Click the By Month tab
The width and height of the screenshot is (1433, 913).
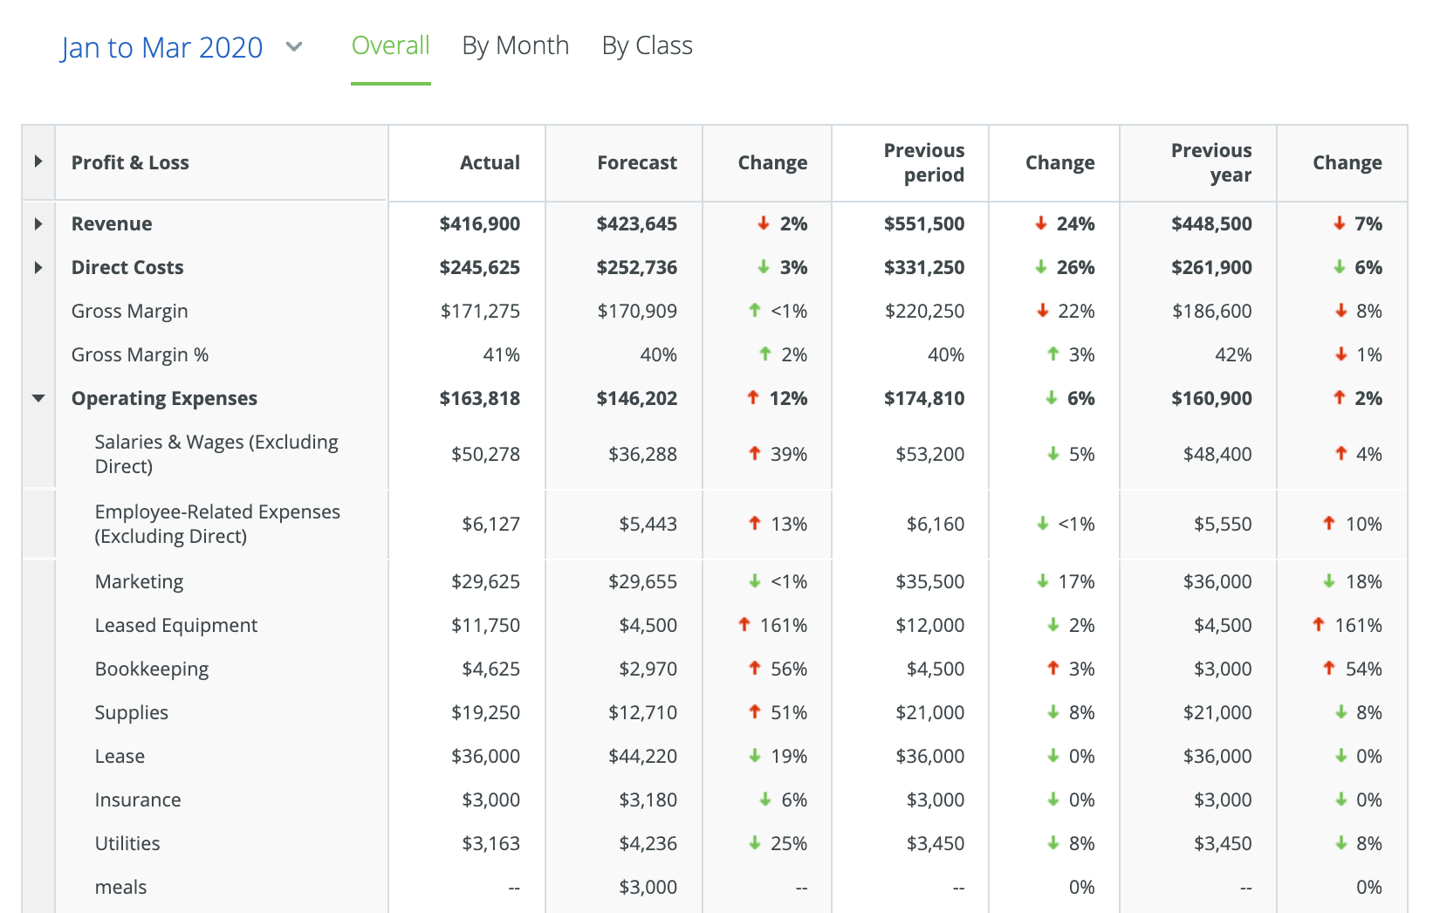(x=515, y=45)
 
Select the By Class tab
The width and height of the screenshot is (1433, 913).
(x=647, y=45)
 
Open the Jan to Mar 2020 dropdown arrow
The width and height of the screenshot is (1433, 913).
(x=294, y=47)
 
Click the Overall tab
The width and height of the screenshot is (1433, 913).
(x=390, y=45)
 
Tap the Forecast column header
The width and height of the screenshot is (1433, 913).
(x=636, y=162)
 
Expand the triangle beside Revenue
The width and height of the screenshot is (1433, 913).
(x=38, y=224)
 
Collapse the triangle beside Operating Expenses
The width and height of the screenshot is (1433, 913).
(x=38, y=398)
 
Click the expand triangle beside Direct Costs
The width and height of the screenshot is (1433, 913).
(x=38, y=268)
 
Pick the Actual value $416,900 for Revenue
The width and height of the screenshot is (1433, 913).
(x=479, y=224)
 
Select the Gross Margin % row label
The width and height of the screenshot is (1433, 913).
(x=140, y=355)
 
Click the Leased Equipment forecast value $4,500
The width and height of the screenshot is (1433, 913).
(x=648, y=626)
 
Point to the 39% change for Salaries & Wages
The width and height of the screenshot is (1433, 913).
(x=788, y=455)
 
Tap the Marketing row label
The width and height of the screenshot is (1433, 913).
(x=139, y=582)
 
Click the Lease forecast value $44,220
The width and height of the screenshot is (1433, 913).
(x=642, y=757)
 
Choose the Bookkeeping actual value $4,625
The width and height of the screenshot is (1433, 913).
(x=490, y=669)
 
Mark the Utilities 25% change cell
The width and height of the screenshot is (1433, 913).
(x=788, y=844)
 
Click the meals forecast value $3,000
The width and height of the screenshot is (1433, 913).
(x=648, y=888)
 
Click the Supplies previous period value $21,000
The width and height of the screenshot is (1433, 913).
(x=929, y=713)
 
